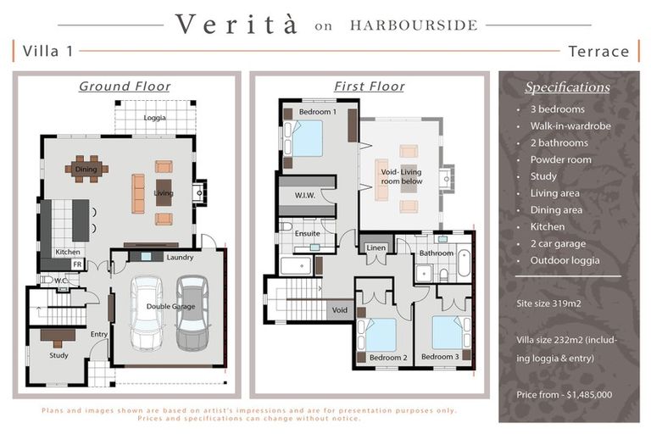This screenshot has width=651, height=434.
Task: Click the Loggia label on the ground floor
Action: [x=154, y=118]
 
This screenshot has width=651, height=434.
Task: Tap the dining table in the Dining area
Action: [x=86, y=169]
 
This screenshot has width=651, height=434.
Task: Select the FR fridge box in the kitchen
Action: [x=77, y=264]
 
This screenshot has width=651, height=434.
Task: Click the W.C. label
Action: [x=61, y=281]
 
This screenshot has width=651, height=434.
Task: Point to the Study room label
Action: [x=58, y=355]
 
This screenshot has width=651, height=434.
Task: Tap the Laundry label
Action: [x=180, y=258]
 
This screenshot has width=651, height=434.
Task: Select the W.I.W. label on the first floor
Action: [x=305, y=195]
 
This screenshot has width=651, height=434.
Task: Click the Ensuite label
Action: [x=307, y=233]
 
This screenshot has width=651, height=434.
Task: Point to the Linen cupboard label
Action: [x=376, y=248]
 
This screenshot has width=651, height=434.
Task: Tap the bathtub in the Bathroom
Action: [x=464, y=263]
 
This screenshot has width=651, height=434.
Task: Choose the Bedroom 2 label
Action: [x=388, y=358]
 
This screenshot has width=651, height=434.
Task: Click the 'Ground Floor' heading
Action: [x=125, y=86]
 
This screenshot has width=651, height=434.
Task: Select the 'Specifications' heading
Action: [x=567, y=87]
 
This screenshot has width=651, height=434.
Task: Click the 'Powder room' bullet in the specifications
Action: [x=560, y=159]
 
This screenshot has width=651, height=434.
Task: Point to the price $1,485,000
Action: [x=589, y=394]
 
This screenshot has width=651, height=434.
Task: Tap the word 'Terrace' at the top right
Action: [x=598, y=52]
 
